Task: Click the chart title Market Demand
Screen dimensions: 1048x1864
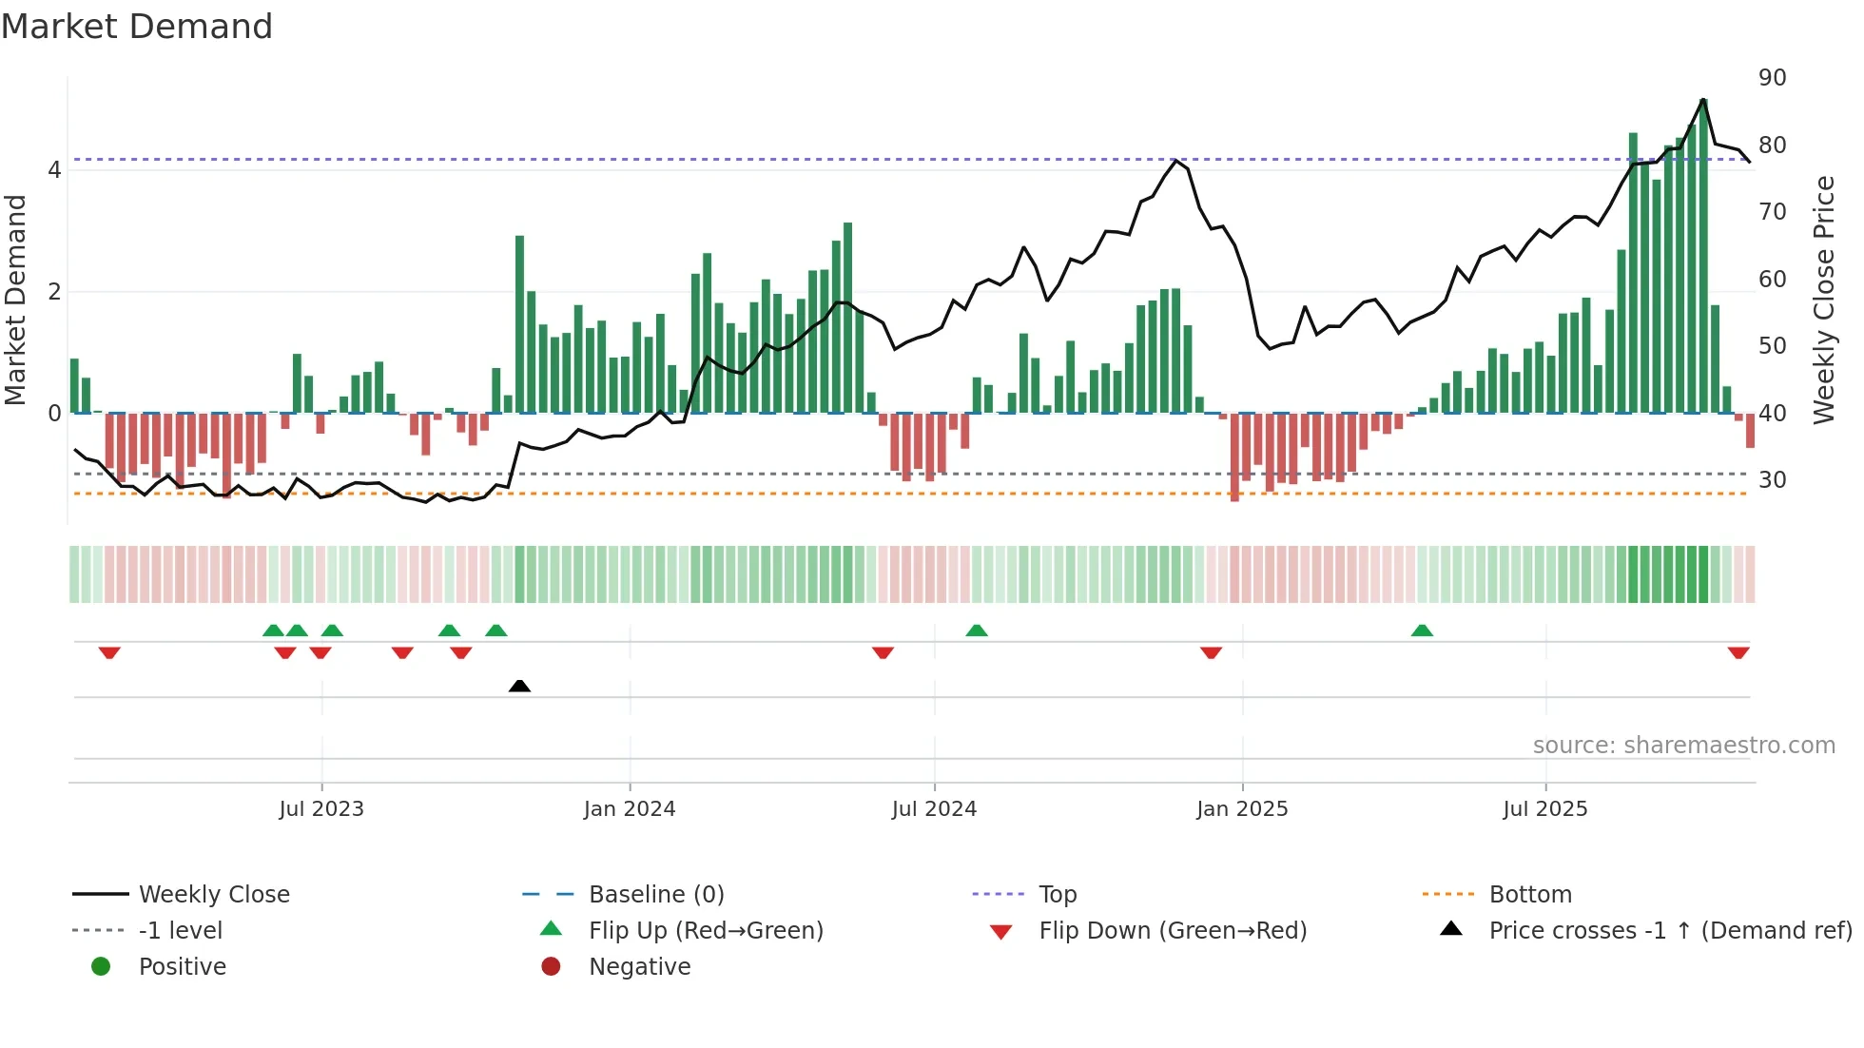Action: point(137,27)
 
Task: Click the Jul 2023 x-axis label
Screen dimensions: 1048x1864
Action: point(321,809)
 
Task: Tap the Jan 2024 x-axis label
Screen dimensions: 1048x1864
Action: point(630,809)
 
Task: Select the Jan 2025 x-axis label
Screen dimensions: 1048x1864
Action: point(1242,809)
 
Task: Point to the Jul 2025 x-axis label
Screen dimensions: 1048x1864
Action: point(1545,809)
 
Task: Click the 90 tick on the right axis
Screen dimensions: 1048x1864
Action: point(1772,78)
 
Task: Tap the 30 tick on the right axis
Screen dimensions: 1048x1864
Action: point(1772,480)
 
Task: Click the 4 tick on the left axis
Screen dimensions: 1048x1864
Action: point(54,170)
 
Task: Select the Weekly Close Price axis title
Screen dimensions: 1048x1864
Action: point(1823,300)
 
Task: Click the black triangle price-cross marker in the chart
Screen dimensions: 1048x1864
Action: point(519,686)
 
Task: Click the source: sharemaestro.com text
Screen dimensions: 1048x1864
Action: point(1683,746)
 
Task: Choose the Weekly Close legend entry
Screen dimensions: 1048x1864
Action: point(214,895)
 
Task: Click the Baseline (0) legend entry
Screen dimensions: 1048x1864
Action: point(656,895)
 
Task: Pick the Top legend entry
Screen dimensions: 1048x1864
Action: point(1058,895)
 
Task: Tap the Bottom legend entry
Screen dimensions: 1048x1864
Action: point(1530,895)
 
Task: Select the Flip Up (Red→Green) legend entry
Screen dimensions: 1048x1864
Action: point(706,931)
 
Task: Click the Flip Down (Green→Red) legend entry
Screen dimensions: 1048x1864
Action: point(1173,931)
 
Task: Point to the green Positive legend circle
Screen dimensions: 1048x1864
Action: point(101,967)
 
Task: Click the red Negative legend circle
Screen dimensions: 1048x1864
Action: point(551,967)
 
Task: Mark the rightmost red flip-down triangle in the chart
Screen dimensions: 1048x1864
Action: point(1738,652)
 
